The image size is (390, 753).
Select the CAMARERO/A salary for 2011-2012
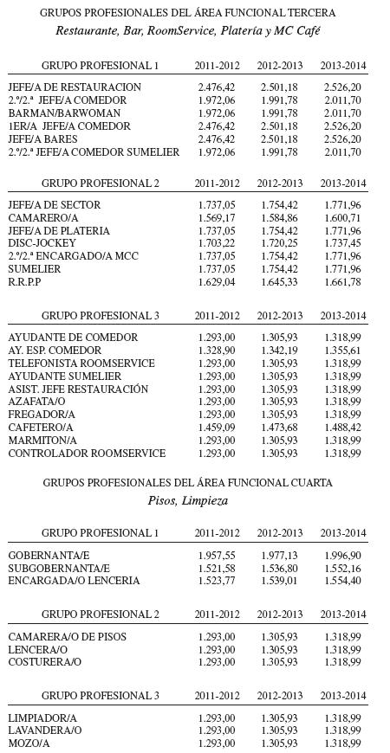[x=217, y=218]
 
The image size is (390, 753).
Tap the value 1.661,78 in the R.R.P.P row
[x=342, y=283]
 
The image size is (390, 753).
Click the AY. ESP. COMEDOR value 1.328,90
[x=217, y=350]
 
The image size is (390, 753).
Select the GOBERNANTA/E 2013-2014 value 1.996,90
[x=342, y=555]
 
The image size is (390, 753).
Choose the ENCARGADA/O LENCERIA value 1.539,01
[x=279, y=581]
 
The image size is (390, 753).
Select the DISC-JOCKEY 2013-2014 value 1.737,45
[x=342, y=244]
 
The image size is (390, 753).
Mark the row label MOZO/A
[x=29, y=743]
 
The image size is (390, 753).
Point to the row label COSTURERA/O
[x=44, y=662]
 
